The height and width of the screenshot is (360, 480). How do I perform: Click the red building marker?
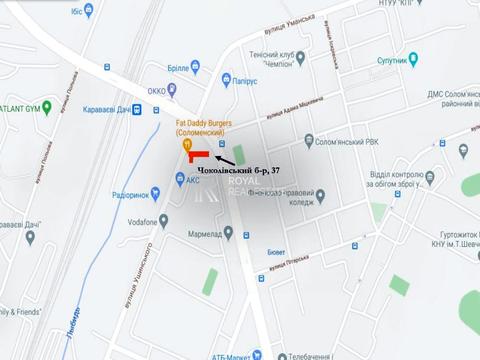(x=201, y=155)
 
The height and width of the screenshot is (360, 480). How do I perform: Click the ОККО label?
(x=157, y=90)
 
